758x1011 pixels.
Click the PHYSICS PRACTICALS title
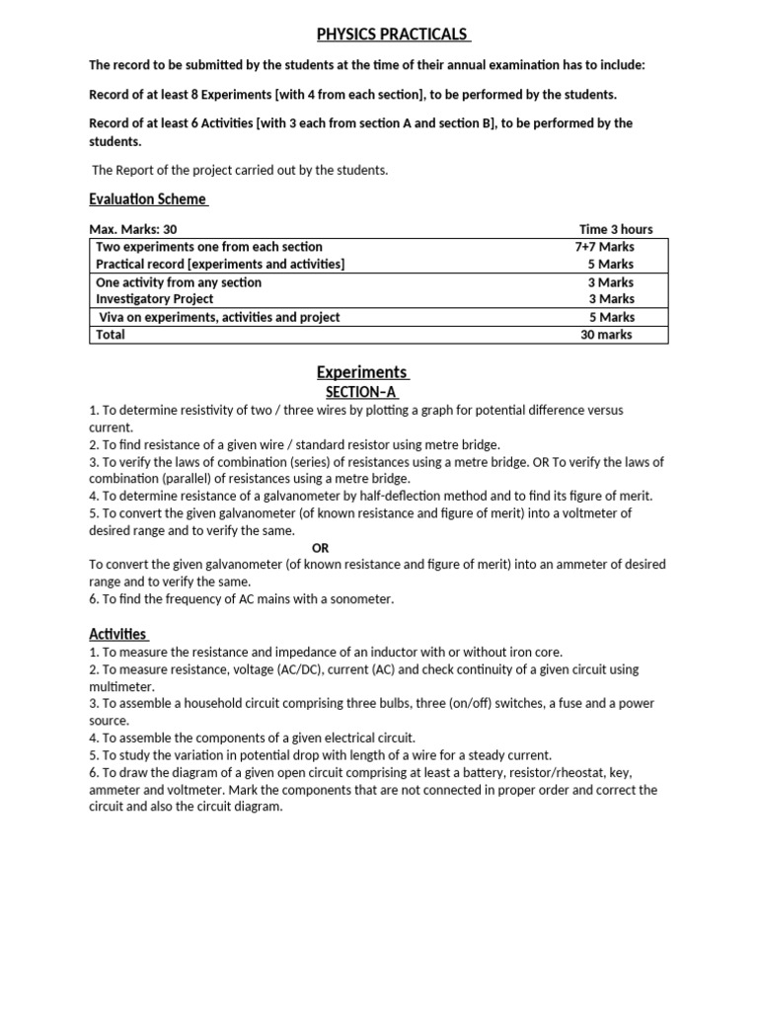point(392,35)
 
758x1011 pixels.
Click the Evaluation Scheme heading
point(148,198)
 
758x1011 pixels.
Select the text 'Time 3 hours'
point(616,229)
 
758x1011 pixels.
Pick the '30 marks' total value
point(606,335)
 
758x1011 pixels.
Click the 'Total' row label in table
point(111,335)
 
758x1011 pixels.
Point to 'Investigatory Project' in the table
point(154,299)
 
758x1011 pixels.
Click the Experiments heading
point(361,372)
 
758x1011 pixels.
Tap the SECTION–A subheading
point(361,392)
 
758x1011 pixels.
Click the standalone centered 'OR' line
point(321,548)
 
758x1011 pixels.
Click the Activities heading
point(117,634)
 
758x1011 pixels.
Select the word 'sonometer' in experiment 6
point(361,599)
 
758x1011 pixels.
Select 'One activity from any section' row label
point(179,282)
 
